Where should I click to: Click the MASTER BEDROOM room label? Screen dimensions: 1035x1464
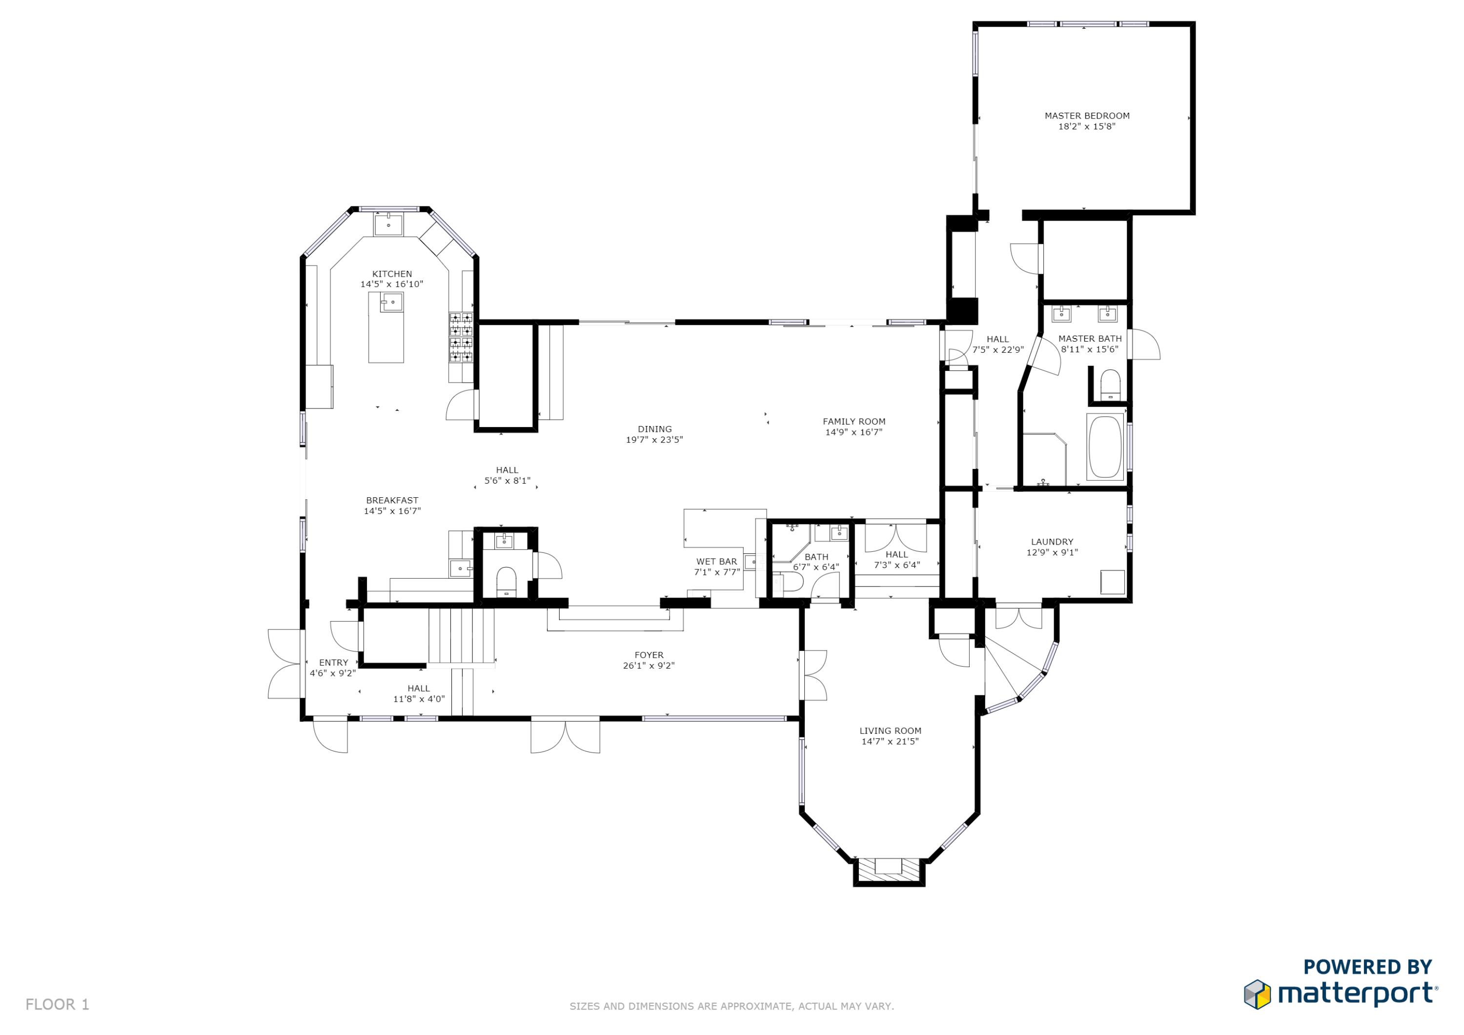(x=1086, y=116)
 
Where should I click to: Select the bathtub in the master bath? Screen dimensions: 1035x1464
(x=1105, y=447)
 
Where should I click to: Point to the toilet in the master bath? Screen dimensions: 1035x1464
(x=1110, y=385)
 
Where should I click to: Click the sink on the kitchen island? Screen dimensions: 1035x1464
(x=391, y=302)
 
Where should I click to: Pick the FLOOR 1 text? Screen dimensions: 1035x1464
(x=58, y=1004)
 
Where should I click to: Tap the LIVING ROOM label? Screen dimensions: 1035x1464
(x=890, y=731)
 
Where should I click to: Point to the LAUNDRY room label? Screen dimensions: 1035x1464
(x=1052, y=542)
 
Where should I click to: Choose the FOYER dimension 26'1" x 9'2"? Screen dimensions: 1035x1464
(x=649, y=666)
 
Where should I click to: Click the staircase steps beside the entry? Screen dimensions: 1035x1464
(x=461, y=635)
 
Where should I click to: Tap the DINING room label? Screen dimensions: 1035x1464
(x=654, y=428)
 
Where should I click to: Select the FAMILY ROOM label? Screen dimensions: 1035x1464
(x=854, y=421)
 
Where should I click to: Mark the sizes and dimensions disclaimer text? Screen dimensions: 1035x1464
(x=732, y=1006)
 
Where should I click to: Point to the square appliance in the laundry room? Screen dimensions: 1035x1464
(x=1113, y=582)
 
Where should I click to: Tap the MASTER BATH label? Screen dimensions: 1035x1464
(x=1089, y=339)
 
